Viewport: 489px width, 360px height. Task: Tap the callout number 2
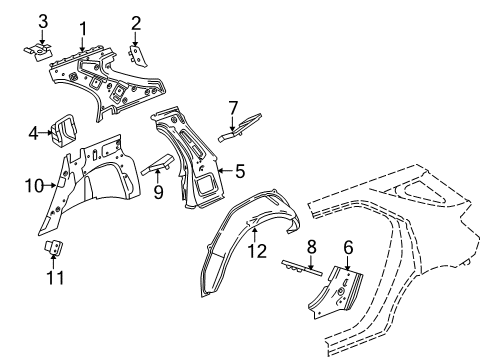[x=136, y=21]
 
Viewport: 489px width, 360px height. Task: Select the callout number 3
[x=42, y=21]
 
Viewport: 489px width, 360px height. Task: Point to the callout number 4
[x=34, y=132]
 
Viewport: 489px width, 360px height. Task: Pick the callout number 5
[x=241, y=172]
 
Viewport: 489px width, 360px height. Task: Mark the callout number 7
[x=233, y=107]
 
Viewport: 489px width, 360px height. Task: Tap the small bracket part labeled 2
[x=136, y=57]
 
